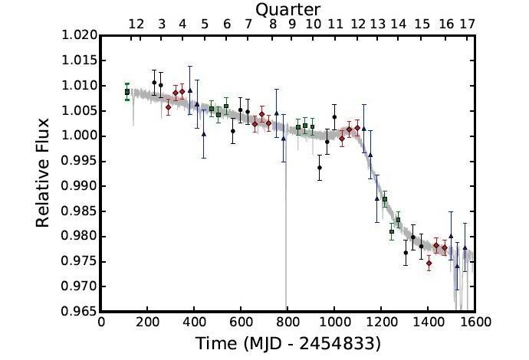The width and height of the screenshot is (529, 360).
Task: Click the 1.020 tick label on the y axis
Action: tap(78, 35)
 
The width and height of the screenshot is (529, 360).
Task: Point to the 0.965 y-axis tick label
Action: tap(78, 311)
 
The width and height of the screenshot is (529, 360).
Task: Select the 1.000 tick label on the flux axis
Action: tap(78, 136)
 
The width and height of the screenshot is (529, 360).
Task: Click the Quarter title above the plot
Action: tap(287, 9)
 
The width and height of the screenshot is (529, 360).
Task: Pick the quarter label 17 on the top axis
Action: tap(467, 25)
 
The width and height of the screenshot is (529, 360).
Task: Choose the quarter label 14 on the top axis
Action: tap(398, 25)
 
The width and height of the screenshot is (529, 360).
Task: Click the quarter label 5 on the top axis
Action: tap(205, 25)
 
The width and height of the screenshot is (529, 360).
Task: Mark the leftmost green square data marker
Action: tap(127, 92)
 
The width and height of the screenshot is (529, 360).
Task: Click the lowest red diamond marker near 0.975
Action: tap(429, 263)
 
